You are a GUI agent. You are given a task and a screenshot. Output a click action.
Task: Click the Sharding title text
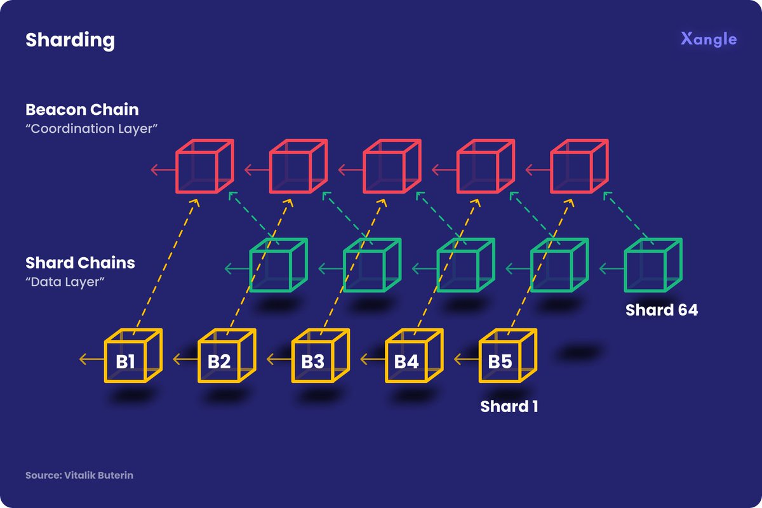[x=70, y=41]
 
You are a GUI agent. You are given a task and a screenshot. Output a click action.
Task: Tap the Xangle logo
[x=709, y=39]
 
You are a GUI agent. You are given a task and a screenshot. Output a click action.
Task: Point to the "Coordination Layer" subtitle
[x=91, y=128]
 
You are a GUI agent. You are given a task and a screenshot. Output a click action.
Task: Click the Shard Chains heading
[x=80, y=263]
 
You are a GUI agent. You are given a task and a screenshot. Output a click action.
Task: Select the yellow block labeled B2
[x=223, y=359]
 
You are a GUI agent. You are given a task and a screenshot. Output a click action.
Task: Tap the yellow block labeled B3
[x=317, y=359]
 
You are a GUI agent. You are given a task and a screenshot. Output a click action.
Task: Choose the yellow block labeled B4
[x=411, y=359]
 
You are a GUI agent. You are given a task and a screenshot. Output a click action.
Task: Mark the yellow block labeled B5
[x=504, y=359]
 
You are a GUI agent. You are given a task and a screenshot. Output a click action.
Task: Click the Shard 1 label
[x=509, y=406]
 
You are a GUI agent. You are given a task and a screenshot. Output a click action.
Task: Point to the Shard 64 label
[x=662, y=311]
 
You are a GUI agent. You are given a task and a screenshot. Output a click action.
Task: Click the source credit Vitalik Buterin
[x=80, y=475]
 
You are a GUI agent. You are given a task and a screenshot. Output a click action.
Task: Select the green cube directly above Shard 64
[x=653, y=265]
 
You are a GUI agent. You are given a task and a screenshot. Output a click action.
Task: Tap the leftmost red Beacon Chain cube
[x=204, y=167]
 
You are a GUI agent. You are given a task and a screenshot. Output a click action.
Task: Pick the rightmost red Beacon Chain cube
[x=578, y=167]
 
